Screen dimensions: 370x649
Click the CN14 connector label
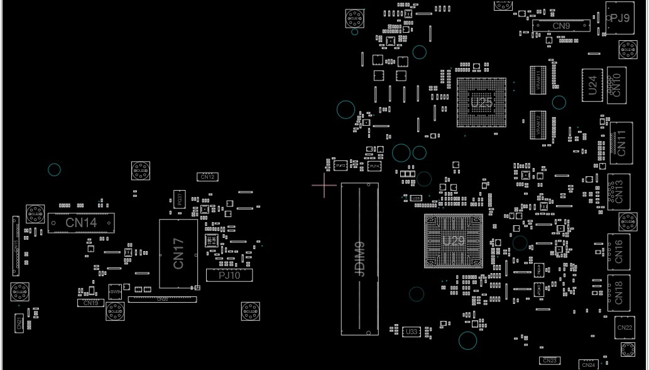[81, 223]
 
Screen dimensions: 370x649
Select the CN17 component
[178, 254]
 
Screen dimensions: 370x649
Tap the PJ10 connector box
[229, 275]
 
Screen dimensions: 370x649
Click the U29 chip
[454, 241]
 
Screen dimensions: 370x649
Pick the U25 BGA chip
[481, 102]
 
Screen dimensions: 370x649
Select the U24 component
[592, 84]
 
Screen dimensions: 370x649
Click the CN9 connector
[561, 26]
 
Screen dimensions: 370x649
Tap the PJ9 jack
[620, 18]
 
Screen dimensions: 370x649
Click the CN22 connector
[624, 328]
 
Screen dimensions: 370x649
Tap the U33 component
[412, 332]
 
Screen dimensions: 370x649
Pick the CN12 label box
[208, 177]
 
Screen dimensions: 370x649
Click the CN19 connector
[90, 303]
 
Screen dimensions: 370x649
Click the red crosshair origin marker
[324, 186]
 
